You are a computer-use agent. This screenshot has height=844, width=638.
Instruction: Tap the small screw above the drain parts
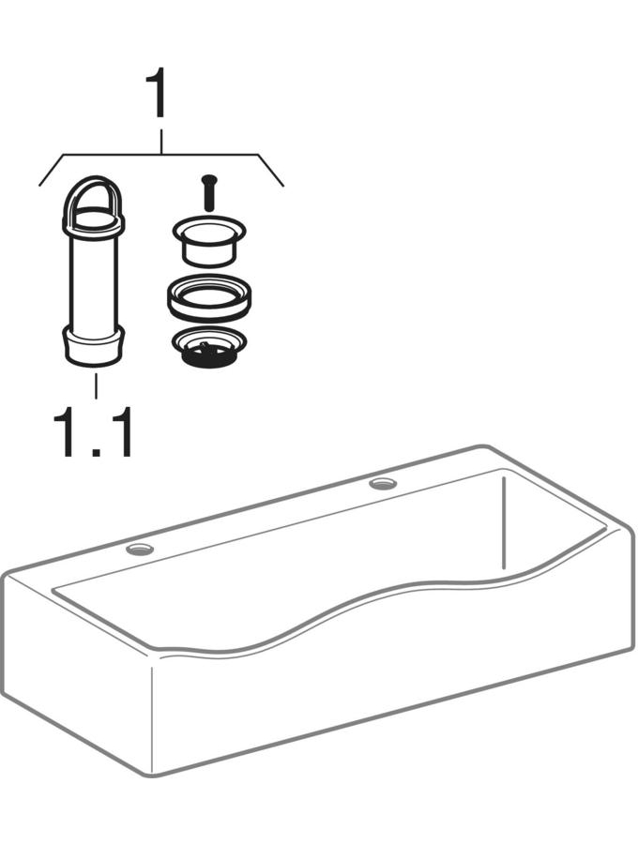point(208,192)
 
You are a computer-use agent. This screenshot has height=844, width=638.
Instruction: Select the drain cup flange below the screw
point(209,241)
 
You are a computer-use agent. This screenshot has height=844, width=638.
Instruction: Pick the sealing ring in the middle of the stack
point(209,298)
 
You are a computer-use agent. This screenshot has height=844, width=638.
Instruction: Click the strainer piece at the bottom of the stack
point(209,348)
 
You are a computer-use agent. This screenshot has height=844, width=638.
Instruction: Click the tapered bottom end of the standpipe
point(93,347)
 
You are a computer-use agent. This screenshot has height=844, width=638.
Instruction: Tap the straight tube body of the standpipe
point(93,281)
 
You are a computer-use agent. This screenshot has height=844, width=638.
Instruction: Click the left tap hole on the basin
point(140,550)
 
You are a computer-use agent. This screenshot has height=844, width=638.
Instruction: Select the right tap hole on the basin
point(383,484)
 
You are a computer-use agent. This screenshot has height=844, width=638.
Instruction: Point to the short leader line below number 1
point(161,141)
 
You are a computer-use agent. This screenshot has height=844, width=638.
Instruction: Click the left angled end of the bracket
point(53,170)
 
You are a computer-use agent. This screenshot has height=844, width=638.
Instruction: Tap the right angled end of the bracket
point(271,170)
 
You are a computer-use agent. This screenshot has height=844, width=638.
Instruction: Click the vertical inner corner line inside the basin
point(502,523)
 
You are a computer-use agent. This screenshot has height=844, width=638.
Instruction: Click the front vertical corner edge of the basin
point(151,721)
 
